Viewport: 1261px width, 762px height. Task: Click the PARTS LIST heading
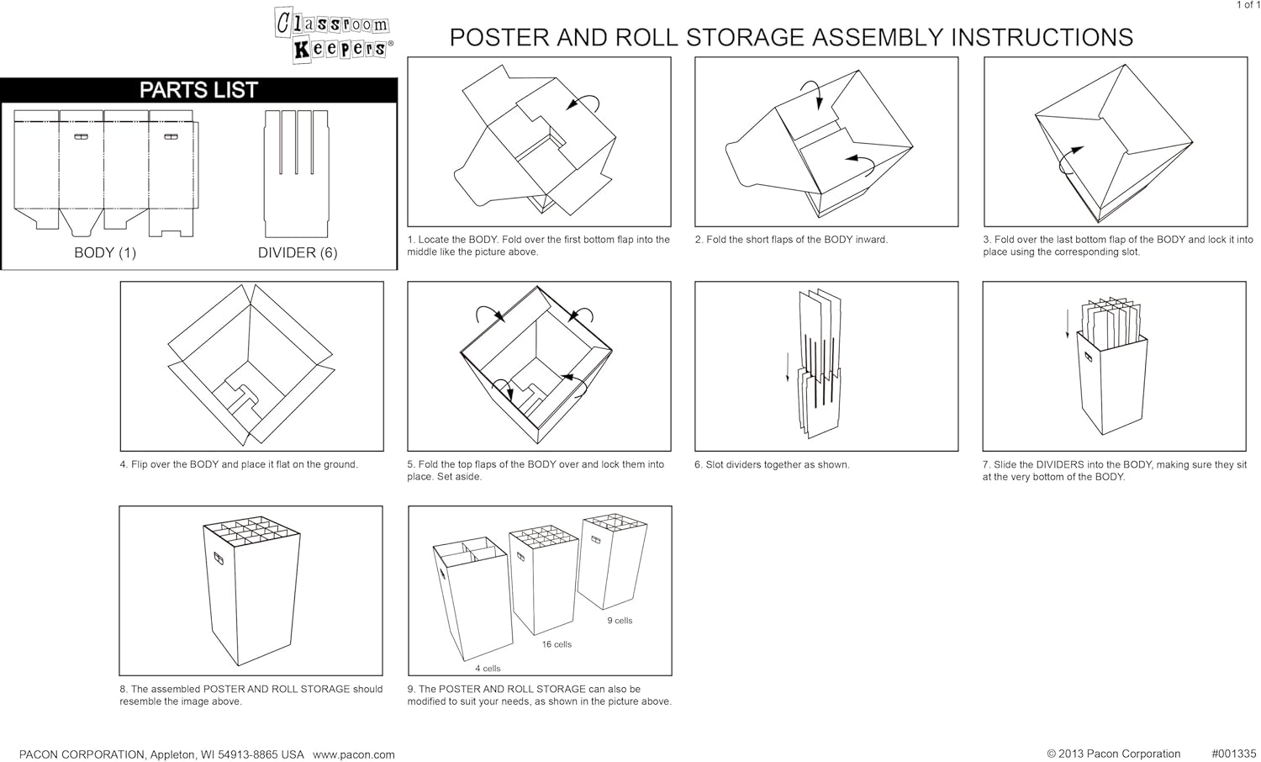coord(198,90)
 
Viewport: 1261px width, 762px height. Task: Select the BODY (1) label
coord(105,252)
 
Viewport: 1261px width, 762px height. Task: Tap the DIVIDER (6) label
coord(297,252)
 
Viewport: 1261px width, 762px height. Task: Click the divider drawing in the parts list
coord(296,172)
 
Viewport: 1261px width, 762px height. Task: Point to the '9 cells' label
coord(620,621)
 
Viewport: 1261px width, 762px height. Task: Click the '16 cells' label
coord(557,644)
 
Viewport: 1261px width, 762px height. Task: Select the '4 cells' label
coord(488,669)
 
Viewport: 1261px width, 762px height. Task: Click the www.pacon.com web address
coord(354,754)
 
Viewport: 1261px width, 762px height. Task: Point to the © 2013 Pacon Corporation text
coord(1113,754)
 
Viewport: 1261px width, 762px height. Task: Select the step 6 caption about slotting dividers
coord(772,464)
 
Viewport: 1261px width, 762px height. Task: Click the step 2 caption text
coord(791,240)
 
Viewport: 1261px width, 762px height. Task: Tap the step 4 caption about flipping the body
coord(239,464)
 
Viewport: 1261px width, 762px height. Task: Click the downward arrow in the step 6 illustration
coord(788,367)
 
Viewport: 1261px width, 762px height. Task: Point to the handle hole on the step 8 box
coord(218,558)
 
